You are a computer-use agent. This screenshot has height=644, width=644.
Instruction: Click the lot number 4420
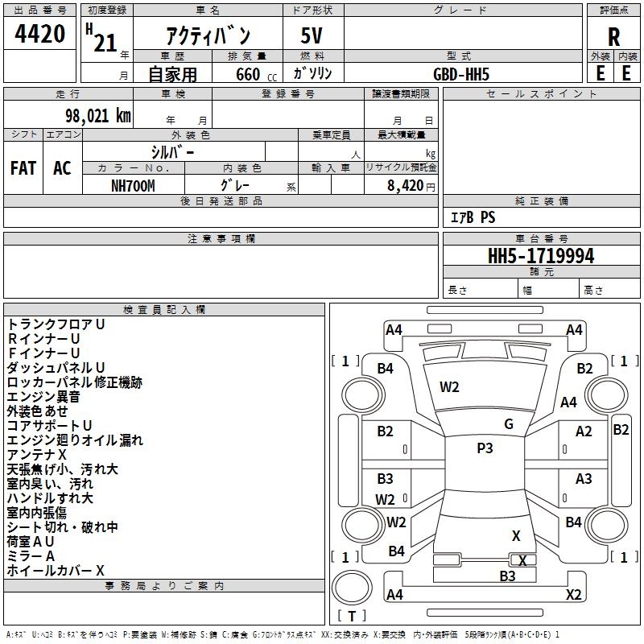[39, 34]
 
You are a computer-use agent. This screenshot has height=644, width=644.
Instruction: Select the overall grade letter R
[613, 37]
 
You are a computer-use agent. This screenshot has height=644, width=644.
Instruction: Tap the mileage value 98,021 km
[98, 116]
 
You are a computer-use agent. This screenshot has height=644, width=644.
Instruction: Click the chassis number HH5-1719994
[541, 256]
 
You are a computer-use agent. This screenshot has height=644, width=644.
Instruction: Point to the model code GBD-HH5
[461, 74]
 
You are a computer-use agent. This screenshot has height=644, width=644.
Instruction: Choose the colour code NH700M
[133, 186]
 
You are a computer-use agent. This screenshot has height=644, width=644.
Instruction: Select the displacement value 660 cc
[256, 74]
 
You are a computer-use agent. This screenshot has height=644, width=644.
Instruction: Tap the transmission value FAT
[23, 168]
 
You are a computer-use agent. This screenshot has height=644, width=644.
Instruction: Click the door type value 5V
[312, 35]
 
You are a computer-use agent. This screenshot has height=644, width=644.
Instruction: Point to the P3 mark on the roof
[485, 448]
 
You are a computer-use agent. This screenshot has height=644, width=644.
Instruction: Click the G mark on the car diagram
[509, 424]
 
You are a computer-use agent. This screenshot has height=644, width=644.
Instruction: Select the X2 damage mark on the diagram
[574, 594]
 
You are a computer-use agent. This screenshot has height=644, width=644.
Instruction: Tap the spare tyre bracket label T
[352, 616]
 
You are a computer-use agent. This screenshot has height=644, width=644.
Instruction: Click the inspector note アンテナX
[36, 455]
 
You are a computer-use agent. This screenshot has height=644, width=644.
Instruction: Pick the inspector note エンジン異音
[43, 397]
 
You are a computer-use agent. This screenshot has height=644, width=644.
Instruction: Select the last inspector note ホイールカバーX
[56, 571]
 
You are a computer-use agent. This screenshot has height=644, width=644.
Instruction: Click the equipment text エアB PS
[473, 217]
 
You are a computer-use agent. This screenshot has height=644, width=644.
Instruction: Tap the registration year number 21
[105, 43]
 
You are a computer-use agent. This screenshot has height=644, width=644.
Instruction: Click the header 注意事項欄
[221, 238]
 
